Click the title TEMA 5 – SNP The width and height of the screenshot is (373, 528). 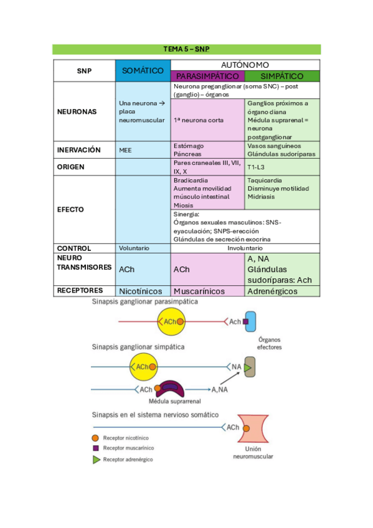click(186, 49)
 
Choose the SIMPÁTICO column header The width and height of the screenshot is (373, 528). click(282, 76)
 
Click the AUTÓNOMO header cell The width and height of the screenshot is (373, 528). click(245, 65)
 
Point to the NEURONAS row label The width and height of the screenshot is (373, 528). click(77, 111)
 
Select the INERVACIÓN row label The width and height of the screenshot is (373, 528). click(78, 150)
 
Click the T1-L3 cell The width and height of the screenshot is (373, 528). click(256, 167)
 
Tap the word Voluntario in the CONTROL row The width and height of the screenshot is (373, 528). click(134, 248)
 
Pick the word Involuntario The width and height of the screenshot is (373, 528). click(245, 248)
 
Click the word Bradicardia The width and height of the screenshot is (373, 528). click(191, 180)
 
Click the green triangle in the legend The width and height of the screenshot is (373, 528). click(96, 460)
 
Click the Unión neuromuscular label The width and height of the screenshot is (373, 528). click(253, 451)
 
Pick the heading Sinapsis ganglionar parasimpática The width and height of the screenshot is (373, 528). click(144, 301)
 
